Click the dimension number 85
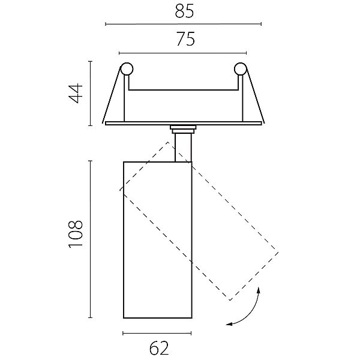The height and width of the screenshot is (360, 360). click(x=184, y=11)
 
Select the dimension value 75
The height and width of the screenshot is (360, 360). click(x=186, y=39)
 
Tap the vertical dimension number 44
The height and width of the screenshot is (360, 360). click(x=76, y=93)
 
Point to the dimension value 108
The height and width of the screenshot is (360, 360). click(x=76, y=234)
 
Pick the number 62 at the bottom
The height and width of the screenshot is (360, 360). click(x=159, y=348)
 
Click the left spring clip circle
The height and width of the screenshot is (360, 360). click(x=127, y=68)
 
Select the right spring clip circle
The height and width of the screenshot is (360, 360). click(x=240, y=68)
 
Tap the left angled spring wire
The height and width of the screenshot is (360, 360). click(x=112, y=95)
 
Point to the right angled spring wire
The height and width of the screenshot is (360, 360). click(x=255, y=95)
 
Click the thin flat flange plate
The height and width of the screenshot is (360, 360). click(x=184, y=123)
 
